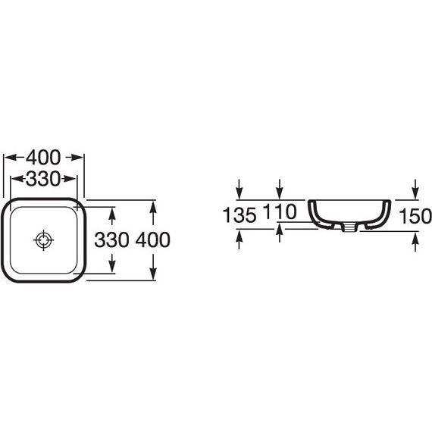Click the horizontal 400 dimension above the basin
(43, 158)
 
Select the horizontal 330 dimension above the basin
(43, 179)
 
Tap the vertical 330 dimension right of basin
(111, 239)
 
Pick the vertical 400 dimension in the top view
(153, 239)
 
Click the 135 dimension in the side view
(239, 215)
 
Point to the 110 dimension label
(280, 211)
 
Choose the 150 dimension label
(415, 216)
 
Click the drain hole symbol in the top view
(43, 240)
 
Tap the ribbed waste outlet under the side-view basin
(350, 227)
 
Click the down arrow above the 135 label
(239, 189)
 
